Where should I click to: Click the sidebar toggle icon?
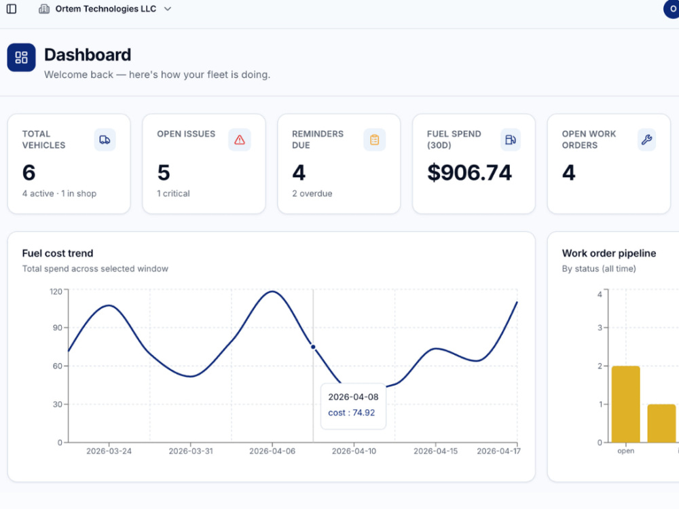[12, 9]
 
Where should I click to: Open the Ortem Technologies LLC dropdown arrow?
[168, 9]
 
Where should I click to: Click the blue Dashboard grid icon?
[21, 57]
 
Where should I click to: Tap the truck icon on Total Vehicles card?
[105, 140]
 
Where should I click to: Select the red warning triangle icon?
[240, 140]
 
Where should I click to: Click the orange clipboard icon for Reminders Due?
[375, 140]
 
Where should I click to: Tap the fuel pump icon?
[511, 140]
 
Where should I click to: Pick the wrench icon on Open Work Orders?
[646, 140]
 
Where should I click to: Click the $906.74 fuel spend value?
[469, 172]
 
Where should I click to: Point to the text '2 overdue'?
[312, 193]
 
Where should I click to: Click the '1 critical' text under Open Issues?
[173, 193]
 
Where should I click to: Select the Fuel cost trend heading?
[58, 253]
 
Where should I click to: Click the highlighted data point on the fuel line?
[313, 347]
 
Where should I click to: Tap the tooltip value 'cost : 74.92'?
[351, 413]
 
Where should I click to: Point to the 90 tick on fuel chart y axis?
[58, 328]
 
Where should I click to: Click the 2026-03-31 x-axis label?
[191, 451]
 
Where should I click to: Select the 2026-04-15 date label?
[435, 451]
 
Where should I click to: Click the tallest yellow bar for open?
[626, 404]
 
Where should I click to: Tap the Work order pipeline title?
[609, 253]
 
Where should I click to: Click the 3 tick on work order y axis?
[600, 328]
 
